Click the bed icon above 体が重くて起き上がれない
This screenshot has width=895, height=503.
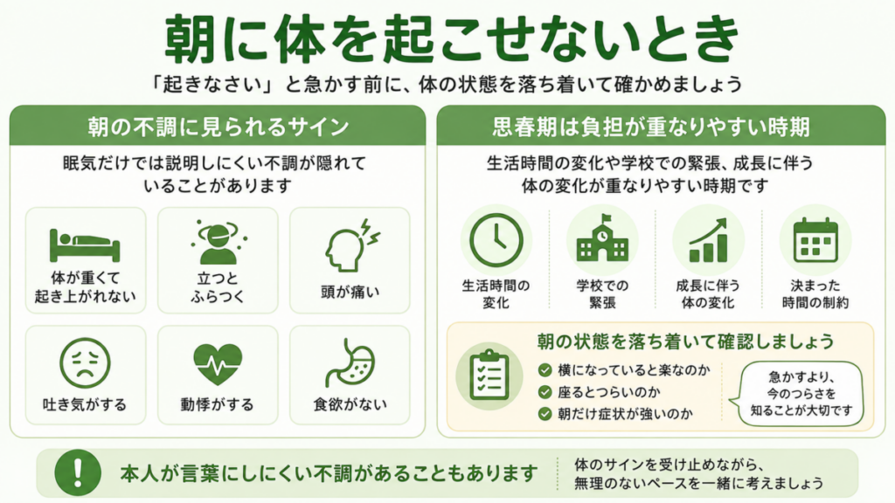[x=85, y=245]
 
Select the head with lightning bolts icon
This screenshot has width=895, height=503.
[x=351, y=245]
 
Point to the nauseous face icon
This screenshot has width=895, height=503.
[x=85, y=363]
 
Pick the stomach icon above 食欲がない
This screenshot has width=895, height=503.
[x=350, y=363]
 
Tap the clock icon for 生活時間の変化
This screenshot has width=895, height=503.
[x=496, y=241]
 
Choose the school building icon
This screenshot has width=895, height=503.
[x=602, y=238]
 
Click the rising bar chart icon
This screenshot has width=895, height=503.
[x=708, y=240]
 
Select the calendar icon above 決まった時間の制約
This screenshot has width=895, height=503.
[x=815, y=239]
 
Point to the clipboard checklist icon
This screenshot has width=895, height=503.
[x=489, y=376]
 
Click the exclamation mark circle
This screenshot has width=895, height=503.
[x=78, y=472]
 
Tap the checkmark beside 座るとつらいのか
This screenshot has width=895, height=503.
[x=545, y=392]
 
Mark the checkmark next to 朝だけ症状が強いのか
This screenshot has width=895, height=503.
[x=545, y=414]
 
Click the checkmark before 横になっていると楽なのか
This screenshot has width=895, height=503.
[x=545, y=370]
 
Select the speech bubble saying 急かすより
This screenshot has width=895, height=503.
[x=799, y=394]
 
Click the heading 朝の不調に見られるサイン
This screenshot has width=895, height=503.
[x=218, y=127]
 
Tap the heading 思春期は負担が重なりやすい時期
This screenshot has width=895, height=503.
[x=651, y=127]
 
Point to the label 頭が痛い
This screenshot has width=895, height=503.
[x=350, y=292]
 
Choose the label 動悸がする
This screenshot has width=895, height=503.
[x=218, y=404]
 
